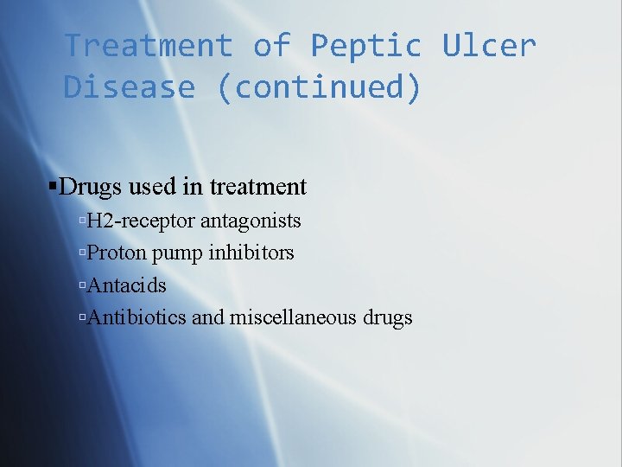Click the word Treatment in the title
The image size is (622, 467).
tap(149, 46)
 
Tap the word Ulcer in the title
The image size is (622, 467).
tap(489, 46)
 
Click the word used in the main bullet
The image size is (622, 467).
tap(153, 187)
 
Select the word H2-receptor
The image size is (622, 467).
tap(141, 221)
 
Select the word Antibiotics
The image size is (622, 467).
tap(136, 317)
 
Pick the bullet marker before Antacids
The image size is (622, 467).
tap(81, 286)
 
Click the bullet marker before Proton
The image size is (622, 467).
tap(81, 254)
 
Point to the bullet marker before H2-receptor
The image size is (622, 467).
tap(81, 222)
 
